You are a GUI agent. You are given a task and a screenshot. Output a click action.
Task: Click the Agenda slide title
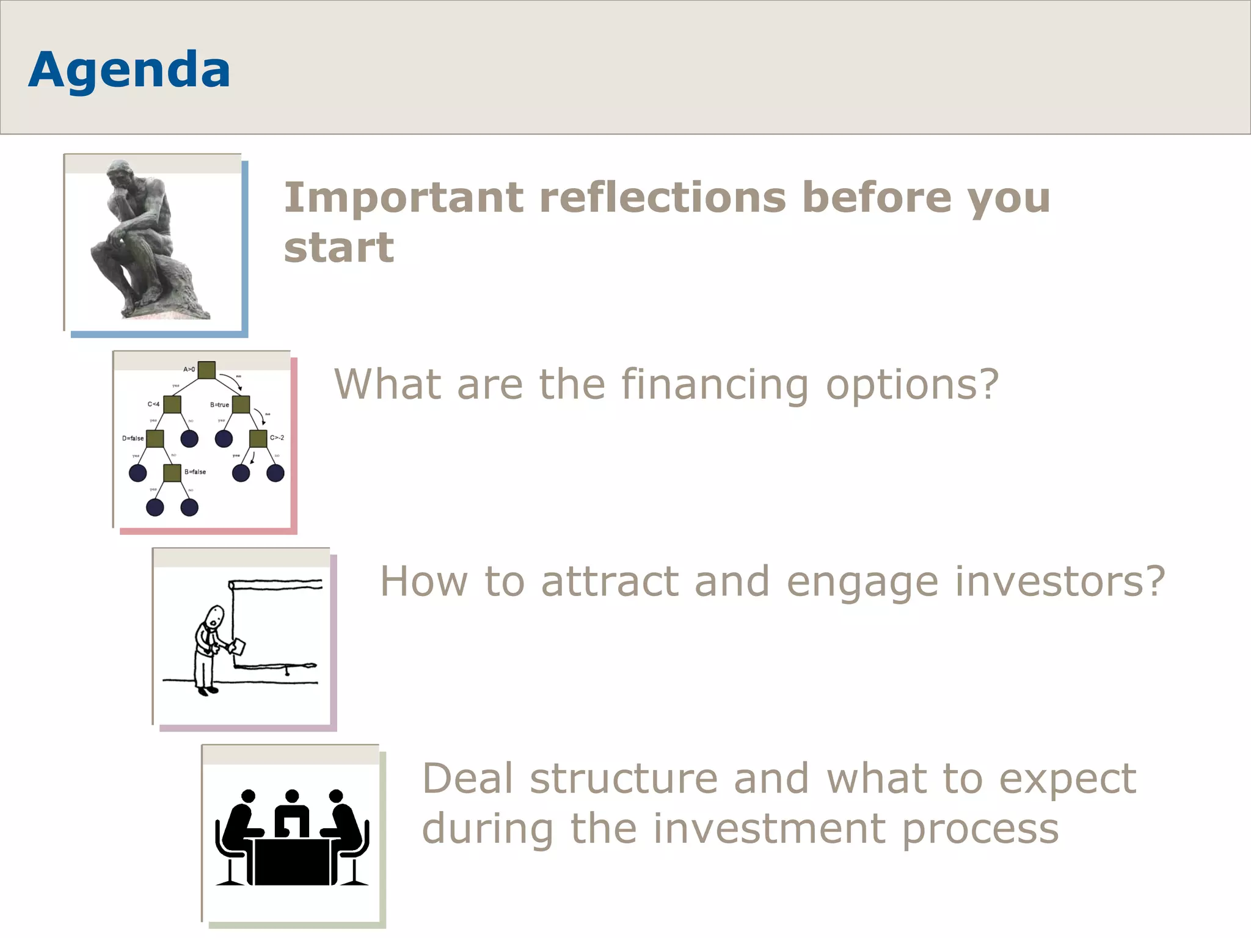[x=129, y=70]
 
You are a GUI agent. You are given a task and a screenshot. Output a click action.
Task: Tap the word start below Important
[x=339, y=248]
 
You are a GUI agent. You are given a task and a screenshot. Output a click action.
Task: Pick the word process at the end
[x=980, y=829]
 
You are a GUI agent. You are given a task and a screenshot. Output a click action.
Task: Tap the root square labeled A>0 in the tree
[x=206, y=370]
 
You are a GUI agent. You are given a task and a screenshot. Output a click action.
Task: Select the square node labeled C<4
[x=172, y=404]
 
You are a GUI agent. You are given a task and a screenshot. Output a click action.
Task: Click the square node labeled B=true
[x=241, y=404]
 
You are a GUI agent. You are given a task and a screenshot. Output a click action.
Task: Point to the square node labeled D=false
[x=155, y=438]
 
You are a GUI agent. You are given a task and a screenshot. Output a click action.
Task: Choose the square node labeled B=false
[x=172, y=473]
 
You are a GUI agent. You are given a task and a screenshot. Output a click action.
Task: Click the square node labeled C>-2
[x=258, y=438]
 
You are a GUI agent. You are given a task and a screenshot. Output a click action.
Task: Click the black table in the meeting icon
[x=292, y=861]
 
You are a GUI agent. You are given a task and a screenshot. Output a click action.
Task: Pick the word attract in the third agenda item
[x=610, y=581]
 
